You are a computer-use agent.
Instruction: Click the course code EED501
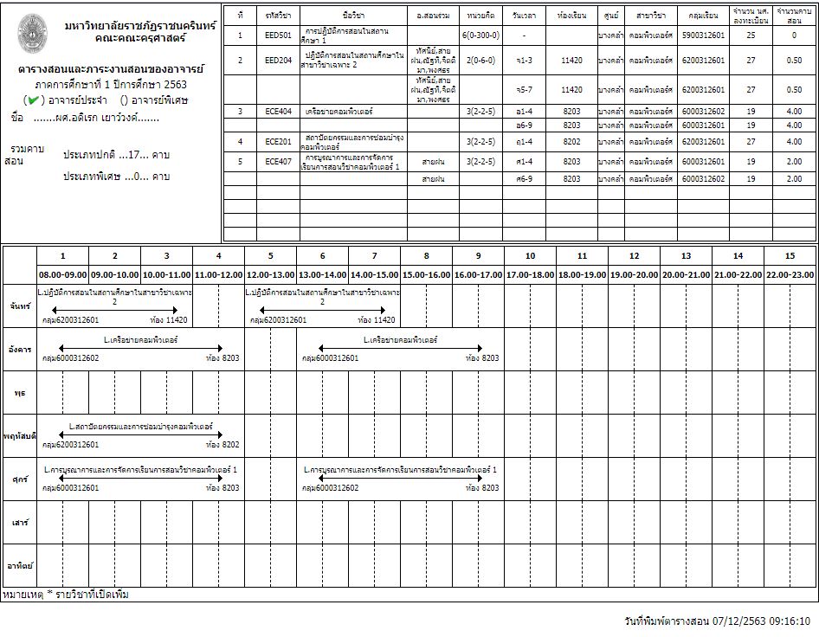point(279,35)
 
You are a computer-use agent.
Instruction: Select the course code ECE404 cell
point(279,111)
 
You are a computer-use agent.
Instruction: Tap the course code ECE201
point(279,141)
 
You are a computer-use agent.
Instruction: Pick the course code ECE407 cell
point(279,161)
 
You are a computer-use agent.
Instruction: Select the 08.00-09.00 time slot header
point(62,273)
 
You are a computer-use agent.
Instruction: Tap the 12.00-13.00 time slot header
point(270,273)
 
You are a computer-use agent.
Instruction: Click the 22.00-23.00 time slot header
point(790,273)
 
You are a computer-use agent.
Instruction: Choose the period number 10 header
point(530,255)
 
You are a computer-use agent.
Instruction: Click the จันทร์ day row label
point(19,306)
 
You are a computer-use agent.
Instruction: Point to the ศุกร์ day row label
point(19,479)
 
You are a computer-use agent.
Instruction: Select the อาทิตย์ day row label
point(19,565)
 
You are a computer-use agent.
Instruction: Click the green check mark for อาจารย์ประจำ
point(32,100)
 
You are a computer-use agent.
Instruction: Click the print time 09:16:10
point(789,621)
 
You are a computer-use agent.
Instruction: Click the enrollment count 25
point(751,35)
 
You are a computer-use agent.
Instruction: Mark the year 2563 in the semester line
point(175,85)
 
